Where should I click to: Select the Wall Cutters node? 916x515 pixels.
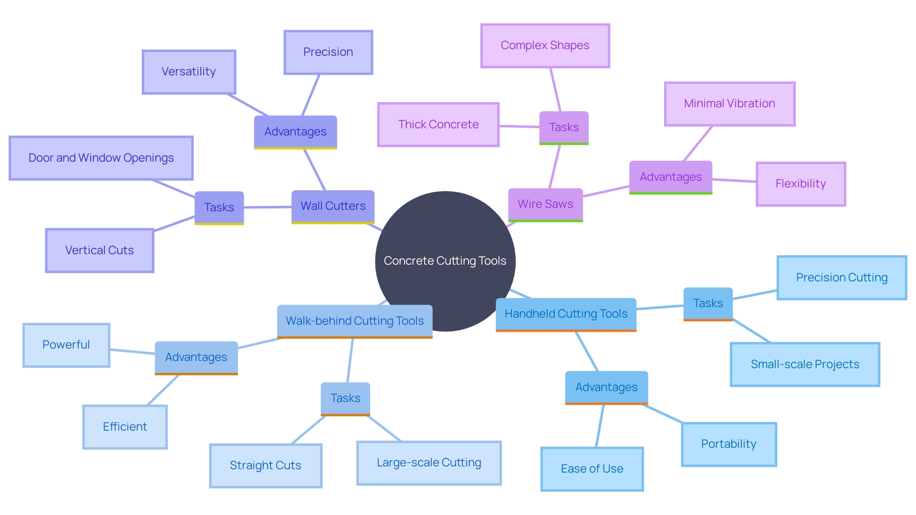click(333, 206)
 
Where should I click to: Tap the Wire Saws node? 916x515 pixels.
click(545, 204)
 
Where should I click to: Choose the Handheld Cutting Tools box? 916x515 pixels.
click(566, 314)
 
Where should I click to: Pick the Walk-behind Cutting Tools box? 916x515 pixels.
click(354, 321)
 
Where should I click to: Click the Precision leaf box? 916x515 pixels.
click(328, 52)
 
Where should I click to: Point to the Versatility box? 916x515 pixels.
click(189, 72)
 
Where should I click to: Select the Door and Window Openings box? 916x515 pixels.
click(101, 158)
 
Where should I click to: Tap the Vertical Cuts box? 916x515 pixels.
click(99, 250)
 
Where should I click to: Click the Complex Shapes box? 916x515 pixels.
click(545, 45)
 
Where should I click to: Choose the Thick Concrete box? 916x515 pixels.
click(438, 124)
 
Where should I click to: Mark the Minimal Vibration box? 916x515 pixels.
click(729, 103)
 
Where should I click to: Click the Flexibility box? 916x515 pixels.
click(801, 184)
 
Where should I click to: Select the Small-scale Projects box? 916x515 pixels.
click(805, 364)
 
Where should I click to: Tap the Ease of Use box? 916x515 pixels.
click(592, 469)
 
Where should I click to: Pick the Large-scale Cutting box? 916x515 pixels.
click(429, 463)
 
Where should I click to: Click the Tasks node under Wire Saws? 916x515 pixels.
click(563, 127)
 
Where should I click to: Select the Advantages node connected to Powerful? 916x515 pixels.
click(196, 357)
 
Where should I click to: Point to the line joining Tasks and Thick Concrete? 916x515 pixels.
click(519, 126)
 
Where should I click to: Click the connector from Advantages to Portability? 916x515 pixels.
click(663, 414)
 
